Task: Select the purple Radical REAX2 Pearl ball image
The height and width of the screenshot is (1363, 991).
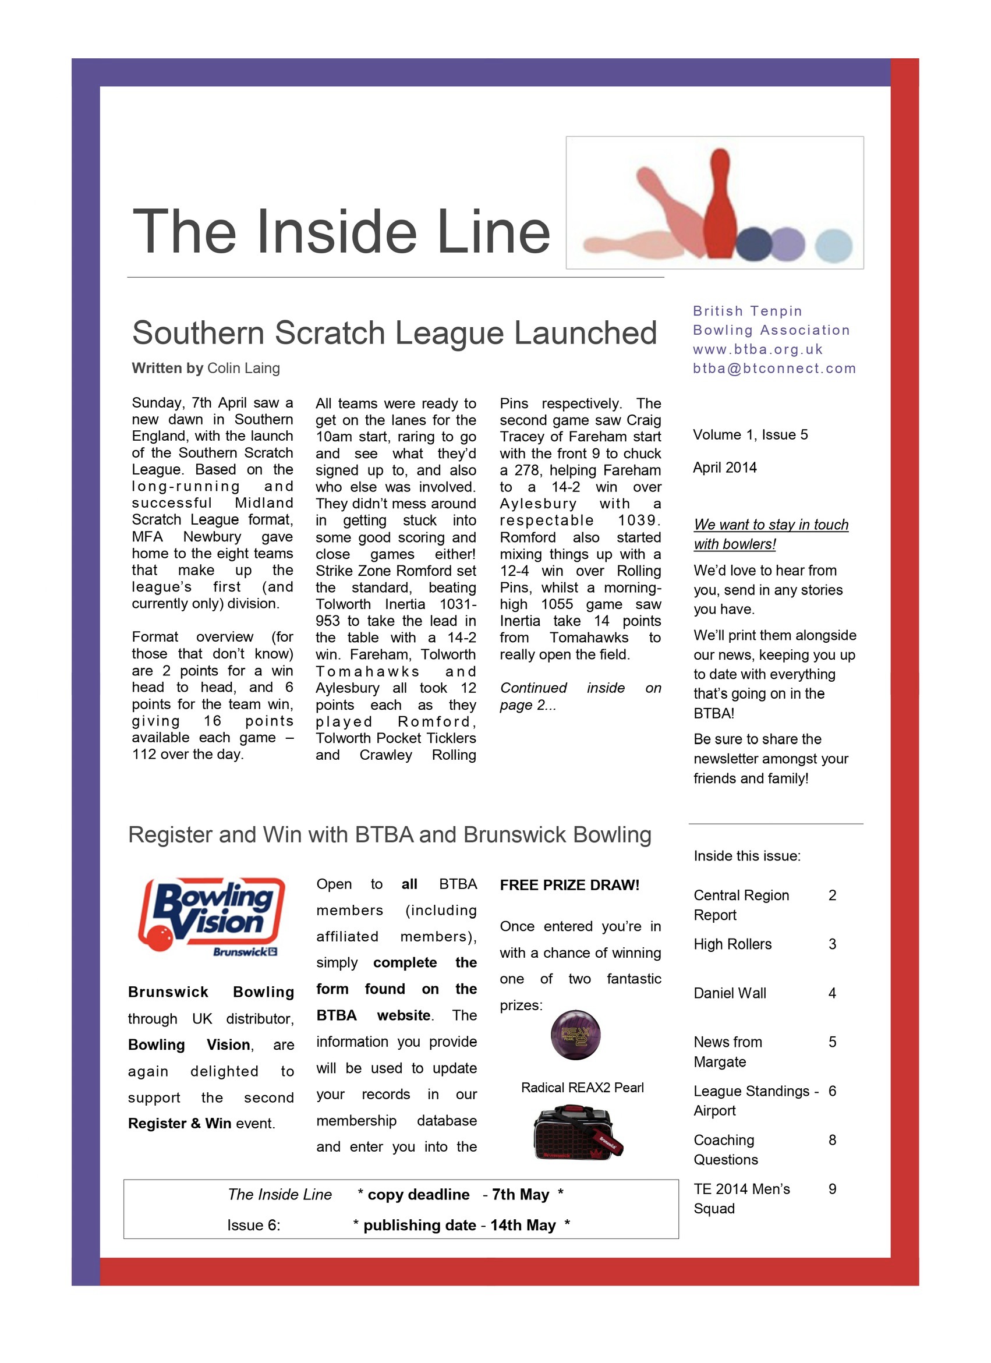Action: [575, 1035]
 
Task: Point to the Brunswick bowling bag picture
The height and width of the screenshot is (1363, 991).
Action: [578, 1133]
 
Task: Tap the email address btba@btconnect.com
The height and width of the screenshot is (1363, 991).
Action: [774, 369]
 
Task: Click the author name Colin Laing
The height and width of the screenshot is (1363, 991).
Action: [243, 368]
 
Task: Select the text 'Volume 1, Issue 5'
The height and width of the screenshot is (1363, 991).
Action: [750, 434]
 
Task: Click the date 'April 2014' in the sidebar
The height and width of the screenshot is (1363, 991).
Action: [724, 468]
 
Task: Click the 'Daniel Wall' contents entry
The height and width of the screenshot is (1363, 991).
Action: [730, 993]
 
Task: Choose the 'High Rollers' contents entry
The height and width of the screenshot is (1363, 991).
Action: [732, 944]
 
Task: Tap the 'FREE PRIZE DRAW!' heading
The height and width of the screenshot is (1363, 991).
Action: [569, 885]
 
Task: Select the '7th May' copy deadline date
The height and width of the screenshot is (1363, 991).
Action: [520, 1195]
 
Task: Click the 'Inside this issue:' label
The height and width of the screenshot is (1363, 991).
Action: [746, 856]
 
